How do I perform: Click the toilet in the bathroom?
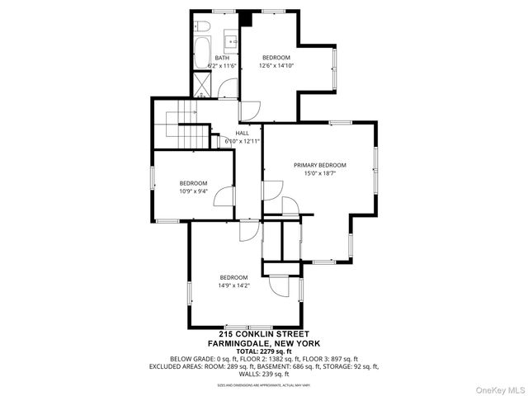[203, 29]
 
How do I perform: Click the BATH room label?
[222, 58]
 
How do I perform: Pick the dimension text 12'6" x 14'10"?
[276, 65]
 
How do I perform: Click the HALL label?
[242, 133]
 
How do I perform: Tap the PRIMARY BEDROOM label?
[319, 165]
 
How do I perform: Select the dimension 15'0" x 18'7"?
[319, 173]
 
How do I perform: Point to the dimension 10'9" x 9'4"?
[193, 191]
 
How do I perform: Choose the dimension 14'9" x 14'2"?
[233, 285]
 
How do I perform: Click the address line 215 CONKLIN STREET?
[263, 334]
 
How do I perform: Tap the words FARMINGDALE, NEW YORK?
[263, 342]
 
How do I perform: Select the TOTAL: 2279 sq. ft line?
[263, 351]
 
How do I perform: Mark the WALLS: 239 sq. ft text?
[263, 374]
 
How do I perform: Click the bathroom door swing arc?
[251, 111]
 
